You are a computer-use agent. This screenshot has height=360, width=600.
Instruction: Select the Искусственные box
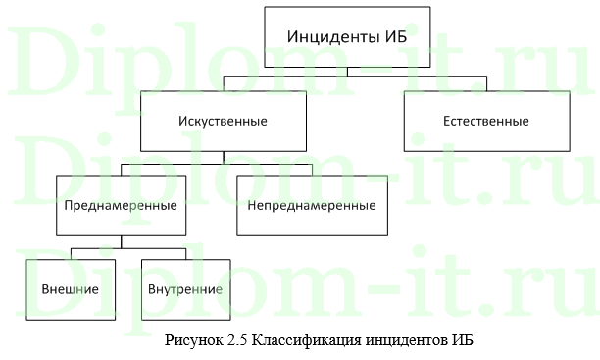(224, 122)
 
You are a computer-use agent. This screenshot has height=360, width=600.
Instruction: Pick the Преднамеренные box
(121, 206)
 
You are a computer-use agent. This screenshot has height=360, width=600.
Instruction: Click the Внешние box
(71, 290)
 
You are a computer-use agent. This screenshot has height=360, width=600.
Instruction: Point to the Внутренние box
(185, 290)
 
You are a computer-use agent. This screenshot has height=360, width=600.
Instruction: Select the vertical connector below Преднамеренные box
(121, 241)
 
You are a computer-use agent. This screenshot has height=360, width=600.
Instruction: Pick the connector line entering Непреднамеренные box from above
(312, 170)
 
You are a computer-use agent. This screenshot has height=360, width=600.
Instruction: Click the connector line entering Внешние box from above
(71, 253)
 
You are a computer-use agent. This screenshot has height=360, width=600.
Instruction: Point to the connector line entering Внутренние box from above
(185, 253)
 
